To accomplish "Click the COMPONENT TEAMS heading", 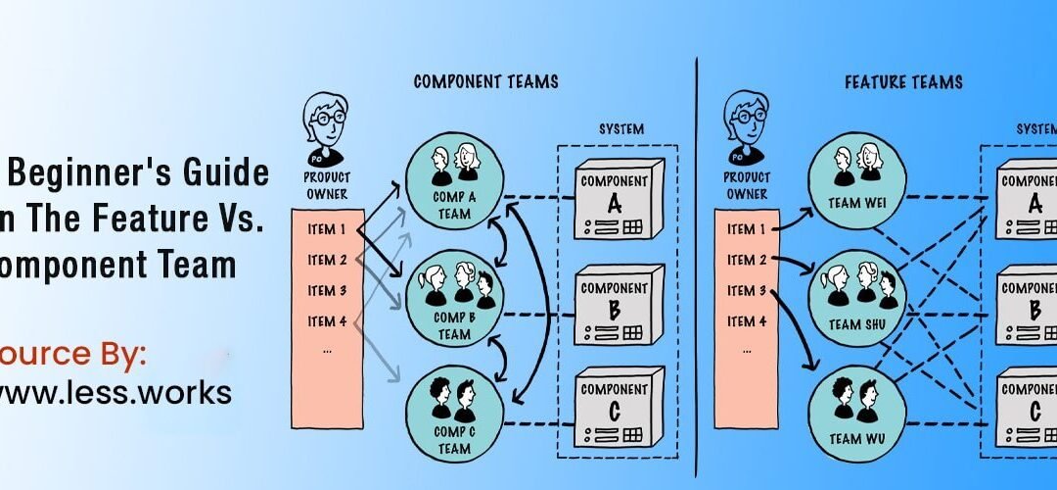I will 485,81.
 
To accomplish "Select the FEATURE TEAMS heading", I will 903,81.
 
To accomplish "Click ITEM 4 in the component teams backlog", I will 327,320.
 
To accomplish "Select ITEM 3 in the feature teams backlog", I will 747,290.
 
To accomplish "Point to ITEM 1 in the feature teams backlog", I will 747,229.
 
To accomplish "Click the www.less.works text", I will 115,392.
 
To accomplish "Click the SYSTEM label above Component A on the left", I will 621,129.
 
